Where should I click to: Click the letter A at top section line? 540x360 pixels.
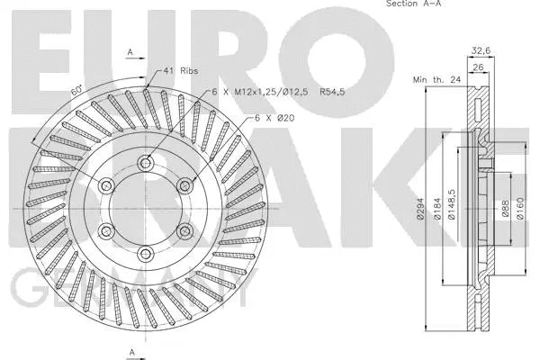(x=130, y=52)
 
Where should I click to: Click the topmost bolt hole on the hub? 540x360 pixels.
(x=145, y=163)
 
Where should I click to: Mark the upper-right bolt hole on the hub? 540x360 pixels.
(x=184, y=185)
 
